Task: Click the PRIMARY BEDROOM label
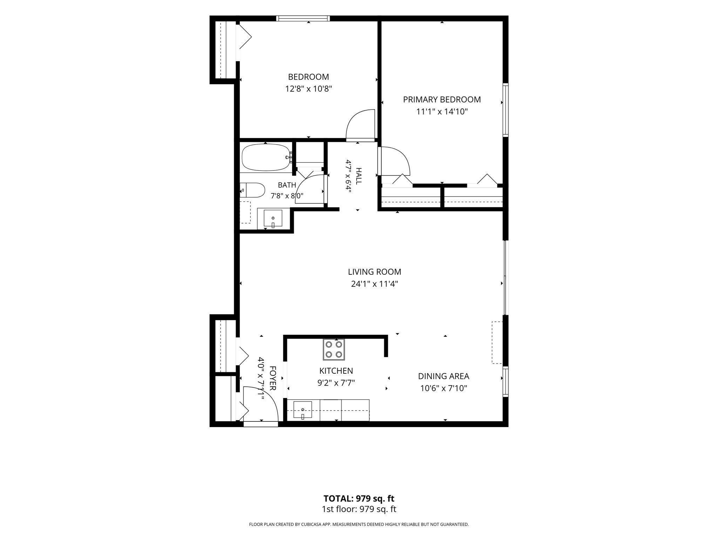(x=442, y=100)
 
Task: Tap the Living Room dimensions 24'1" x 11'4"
(x=374, y=284)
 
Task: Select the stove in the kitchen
(x=333, y=350)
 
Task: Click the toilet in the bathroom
(x=252, y=190)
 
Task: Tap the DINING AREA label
(x=443, y=377)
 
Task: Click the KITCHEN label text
(x=336, y=371)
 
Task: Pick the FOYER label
(x=273, y=378)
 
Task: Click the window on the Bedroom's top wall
(x=303, y=18)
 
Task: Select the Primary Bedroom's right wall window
(x=506, y=110)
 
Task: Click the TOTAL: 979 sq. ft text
(x=359, y=499)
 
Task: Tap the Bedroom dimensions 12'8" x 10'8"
(x=309, y=89)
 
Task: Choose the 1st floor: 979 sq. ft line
(x=359, y=509)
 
